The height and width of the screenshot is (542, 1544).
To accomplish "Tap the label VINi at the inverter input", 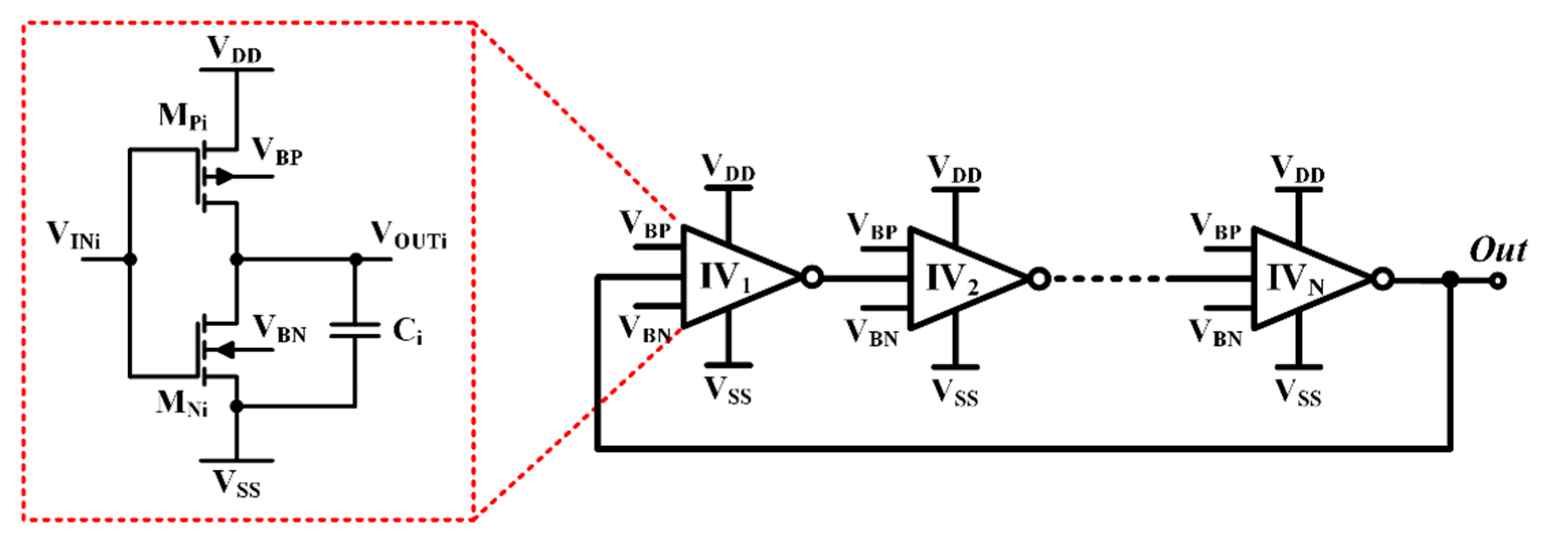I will tap(73, 235).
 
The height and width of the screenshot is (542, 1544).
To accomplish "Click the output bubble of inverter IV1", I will tap(812, 278).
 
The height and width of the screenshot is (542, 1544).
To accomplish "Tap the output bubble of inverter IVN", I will tap(1382, 279).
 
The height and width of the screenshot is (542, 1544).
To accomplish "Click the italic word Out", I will tap(1497, 250).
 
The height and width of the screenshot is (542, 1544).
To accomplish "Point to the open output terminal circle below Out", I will tap(1498, 281).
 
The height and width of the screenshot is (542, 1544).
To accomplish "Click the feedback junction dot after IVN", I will tap(1450, 279).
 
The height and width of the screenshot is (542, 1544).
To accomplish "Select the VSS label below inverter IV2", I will tap(955, 394).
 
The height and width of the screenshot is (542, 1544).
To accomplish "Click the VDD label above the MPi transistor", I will tap(234, 50).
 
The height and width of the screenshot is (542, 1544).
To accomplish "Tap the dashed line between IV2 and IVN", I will tap(1109, 279).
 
